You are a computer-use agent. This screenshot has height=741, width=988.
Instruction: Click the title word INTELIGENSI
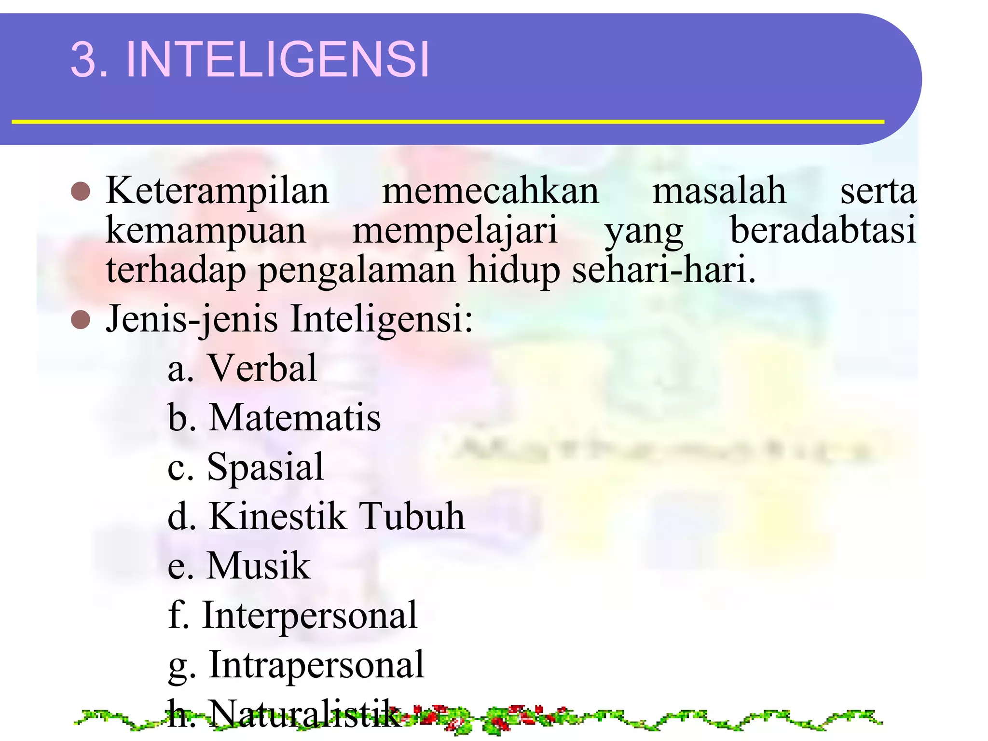(x=277, y=59)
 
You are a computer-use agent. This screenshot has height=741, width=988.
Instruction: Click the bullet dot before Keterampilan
(x=81, y=192)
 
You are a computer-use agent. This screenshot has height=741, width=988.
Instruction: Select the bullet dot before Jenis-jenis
(x=81, y=320)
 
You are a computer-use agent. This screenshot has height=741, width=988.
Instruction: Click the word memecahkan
(x=491, y=192)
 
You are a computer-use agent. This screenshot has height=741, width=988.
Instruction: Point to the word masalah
(x=719, y=192)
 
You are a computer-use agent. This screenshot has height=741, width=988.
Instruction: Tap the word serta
(x=878, y=192)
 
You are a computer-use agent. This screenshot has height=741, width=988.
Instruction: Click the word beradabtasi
(x=823, y=231)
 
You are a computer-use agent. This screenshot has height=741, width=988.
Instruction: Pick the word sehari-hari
(x=663, y=270)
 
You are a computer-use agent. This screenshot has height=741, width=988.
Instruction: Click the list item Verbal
(x=262, y=368)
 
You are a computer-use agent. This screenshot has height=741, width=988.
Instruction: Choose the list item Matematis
(x=295, y=418)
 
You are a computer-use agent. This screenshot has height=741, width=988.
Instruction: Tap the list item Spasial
(x=265, y=467)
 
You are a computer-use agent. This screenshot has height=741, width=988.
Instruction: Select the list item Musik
(x=259, y=566)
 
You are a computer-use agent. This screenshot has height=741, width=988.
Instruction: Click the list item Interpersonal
(x=309, y=616)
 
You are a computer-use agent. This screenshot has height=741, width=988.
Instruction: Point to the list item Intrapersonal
(x=316, y=665)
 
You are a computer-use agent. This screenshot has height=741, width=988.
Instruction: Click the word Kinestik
(x=277, y=517)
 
